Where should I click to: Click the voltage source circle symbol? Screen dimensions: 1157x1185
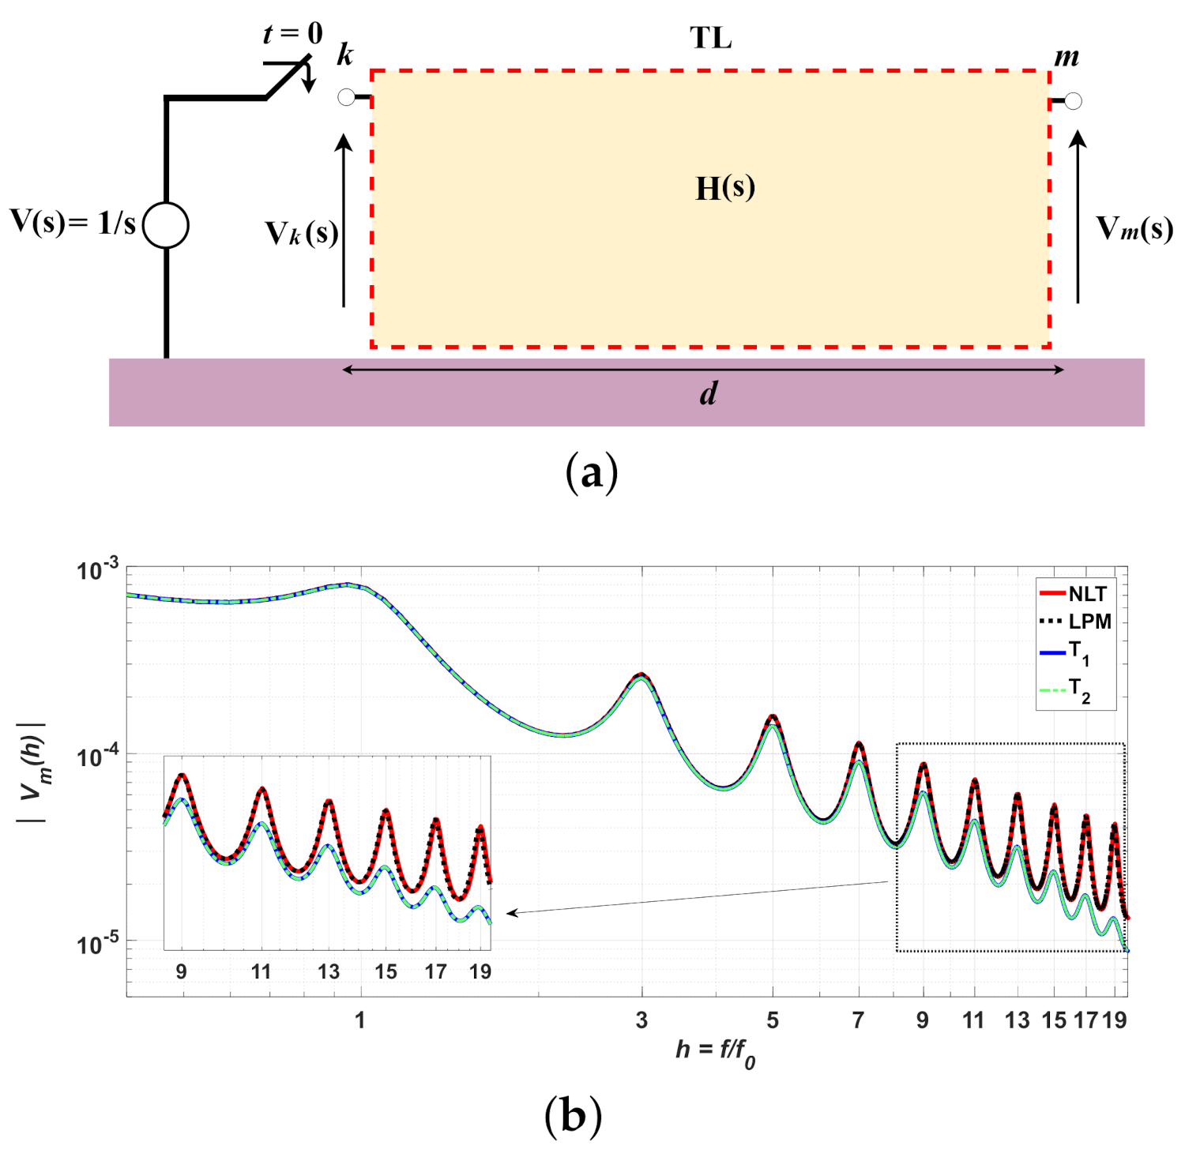tap(166, 225)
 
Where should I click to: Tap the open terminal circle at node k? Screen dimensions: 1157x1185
tap(346, 97)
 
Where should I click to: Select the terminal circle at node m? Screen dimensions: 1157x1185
tap(1073, 100)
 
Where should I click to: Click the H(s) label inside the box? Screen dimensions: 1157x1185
tap(724, 188)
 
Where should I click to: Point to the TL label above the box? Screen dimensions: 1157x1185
tap(710, 38)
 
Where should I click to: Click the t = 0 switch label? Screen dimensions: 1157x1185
tap(292, 33)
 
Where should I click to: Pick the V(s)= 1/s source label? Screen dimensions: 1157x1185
tap(73, 223)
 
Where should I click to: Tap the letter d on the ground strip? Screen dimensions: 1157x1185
tap(709, 393)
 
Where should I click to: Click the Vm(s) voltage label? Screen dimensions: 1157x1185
tap(1134, 229)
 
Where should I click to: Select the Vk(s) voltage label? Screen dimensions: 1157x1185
tap(302, 234)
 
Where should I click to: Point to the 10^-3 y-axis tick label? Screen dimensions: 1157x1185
tap(98, 569)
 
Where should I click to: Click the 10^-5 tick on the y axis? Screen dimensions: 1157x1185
tap(98, 943)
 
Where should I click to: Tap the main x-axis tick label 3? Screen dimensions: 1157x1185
tap(641, 1020)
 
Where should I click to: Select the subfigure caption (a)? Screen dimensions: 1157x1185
tap(592, 474)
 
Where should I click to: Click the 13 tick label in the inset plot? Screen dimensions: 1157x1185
tap(329, 971)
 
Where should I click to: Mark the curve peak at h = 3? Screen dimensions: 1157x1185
tap(641, 675)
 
